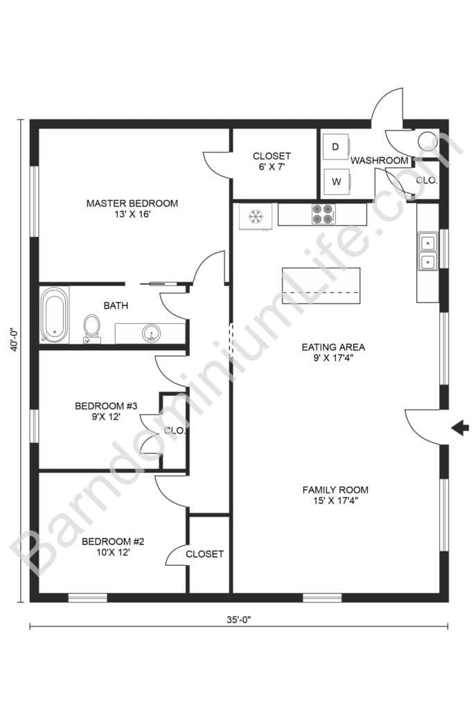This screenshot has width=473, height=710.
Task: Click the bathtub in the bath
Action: click(55, 315)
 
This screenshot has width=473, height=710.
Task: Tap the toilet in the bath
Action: click(91, 327)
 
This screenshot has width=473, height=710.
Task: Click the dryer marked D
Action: click(336, 147)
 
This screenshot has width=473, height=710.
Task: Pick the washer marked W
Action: click(336, 182)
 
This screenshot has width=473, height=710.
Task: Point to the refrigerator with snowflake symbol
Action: click(256, 216)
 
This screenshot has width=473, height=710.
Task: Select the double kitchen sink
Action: click(427, 252)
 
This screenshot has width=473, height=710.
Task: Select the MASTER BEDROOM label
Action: click(132, 203)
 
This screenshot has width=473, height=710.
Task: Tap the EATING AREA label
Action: click(333, 347)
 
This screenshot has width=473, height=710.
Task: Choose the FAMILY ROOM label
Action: click(335, 490)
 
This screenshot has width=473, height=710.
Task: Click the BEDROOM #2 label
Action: click(113, 541)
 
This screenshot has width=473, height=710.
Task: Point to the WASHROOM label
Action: click(380, 160)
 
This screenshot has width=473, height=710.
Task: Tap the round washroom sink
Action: click(427, 140)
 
